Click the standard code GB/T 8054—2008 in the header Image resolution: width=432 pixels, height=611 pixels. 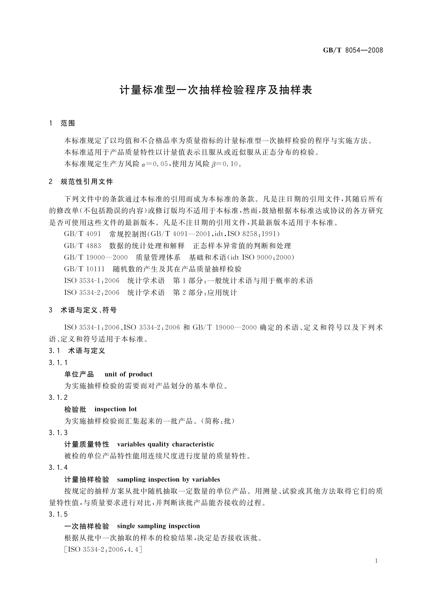tap(353, 50)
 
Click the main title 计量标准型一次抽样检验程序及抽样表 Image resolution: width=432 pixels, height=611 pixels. tap(216, 90)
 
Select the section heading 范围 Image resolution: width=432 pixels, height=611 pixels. tap(67, 123)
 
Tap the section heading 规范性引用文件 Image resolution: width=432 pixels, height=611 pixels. tap(87, 181)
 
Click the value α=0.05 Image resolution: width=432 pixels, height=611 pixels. tap(155, 164)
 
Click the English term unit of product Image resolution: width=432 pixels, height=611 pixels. tap(128, 374)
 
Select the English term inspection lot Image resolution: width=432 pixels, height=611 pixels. tap(116, 409)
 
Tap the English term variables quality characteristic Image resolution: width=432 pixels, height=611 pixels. tap(166, 444)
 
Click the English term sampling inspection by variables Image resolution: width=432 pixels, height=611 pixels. tap(169, 480)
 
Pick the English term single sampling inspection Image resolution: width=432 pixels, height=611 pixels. tap(159, 526)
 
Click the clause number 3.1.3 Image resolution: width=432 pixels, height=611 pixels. tap(58, 433)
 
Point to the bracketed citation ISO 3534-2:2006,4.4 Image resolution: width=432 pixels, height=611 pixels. tap(103, 550)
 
